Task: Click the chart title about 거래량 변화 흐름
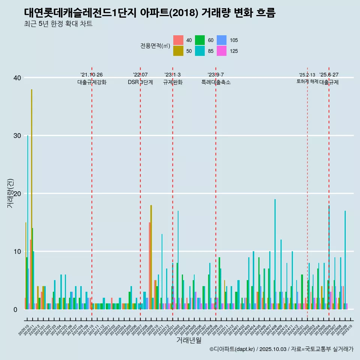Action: coord(150,13)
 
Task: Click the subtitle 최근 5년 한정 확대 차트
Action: coord(58,24)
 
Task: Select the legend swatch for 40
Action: coord(178,40)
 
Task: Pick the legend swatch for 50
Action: coord(178,51)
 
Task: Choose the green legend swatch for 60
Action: coord(200,40)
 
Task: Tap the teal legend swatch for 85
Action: coord(200,51)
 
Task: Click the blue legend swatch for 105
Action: coord(222,40)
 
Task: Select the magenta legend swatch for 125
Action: coord(222,51)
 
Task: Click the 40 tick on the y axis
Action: coord(16,78)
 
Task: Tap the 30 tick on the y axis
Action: coord(16,135)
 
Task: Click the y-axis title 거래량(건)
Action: coord(10,193)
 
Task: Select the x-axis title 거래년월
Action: coord(189,340)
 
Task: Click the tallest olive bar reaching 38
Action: coord(32,199)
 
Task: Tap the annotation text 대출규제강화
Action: coord(92,82)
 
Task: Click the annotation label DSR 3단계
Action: coord(140,82)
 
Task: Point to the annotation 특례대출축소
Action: coord(216,82)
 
